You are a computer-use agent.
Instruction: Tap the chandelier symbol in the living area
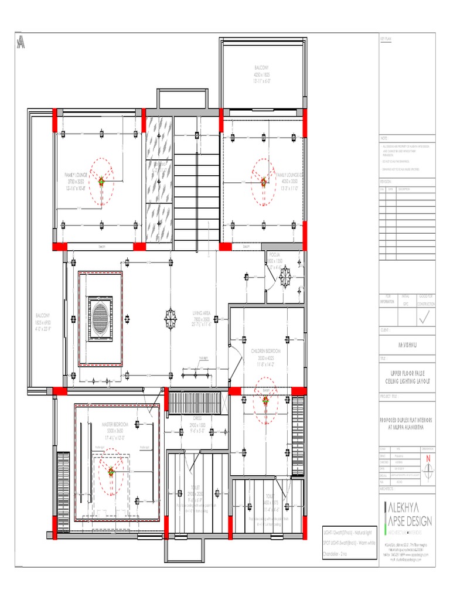pos(171,318)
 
